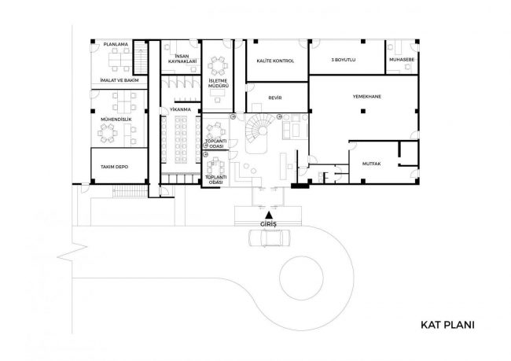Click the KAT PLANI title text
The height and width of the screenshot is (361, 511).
coord(447,325)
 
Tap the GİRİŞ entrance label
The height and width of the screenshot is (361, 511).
coord(269,224)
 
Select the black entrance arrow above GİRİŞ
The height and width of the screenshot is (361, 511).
coord(269,215)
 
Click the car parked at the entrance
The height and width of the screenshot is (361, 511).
coord(269,238)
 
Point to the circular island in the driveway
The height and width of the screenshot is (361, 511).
coord(301,278)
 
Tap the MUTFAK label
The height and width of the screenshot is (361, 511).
coord(372,164)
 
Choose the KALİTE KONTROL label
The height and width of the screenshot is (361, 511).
coord(275,61)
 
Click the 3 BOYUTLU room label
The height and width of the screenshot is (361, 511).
coord(344,60)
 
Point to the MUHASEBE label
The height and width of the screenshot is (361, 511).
coord(402,60)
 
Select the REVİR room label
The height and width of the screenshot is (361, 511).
coord(275,98)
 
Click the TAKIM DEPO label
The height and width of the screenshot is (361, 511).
coord(115,167)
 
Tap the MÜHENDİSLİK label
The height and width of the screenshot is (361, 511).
coord(116,120)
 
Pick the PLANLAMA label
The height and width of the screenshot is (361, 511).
coord(116,44)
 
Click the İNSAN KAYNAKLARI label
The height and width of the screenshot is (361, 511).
coord(182,59)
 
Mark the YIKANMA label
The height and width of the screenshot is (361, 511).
coord(180,109)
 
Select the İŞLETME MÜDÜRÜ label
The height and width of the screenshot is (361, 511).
coord(219,83)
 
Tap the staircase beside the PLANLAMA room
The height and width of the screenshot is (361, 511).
coord(141,57)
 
